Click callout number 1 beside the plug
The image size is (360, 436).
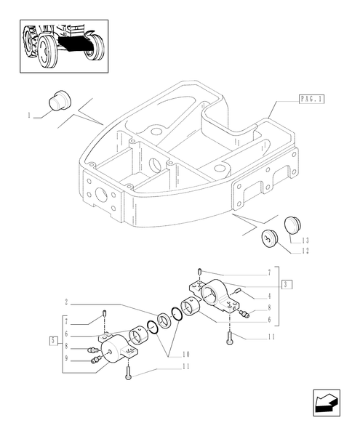click(x=28, y=116)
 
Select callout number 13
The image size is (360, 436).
click(x=305, y=241)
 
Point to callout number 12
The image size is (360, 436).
click(x=305, y=251)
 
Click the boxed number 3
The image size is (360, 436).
click(x=287, y=284)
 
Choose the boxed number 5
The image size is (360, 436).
click(x=53, y=340)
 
